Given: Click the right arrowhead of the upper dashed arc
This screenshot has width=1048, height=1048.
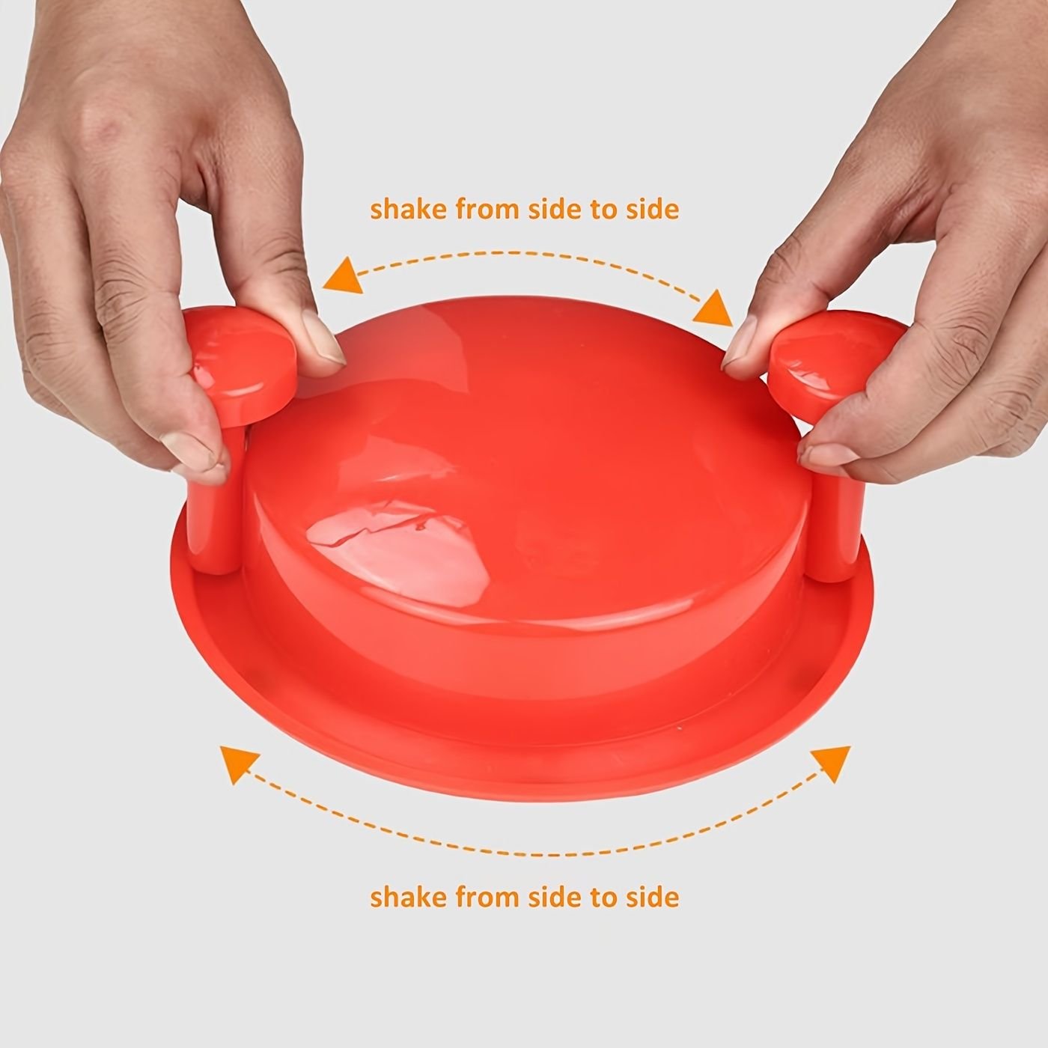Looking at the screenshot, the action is (x=713, y=308).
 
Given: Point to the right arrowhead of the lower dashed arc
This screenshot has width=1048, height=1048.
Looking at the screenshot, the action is (x=831, y=763).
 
